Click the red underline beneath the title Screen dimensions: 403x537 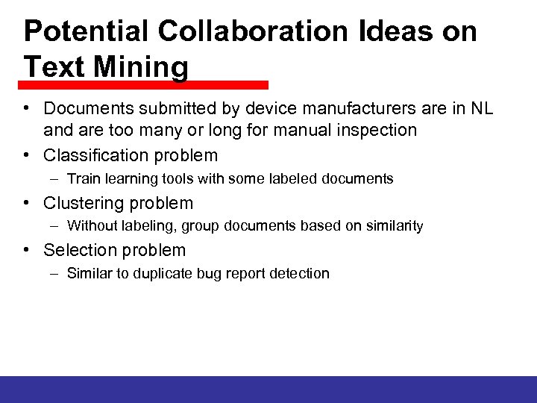[x=145, y=85]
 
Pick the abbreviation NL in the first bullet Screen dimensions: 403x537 [x=482, y=110]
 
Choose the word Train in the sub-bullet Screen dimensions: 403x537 [x=83, y=179]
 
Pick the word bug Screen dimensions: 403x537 [x=210, y=274]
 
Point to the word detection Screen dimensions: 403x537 [x=298, y=274]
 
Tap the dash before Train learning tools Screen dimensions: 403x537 [x=56, y=179]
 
